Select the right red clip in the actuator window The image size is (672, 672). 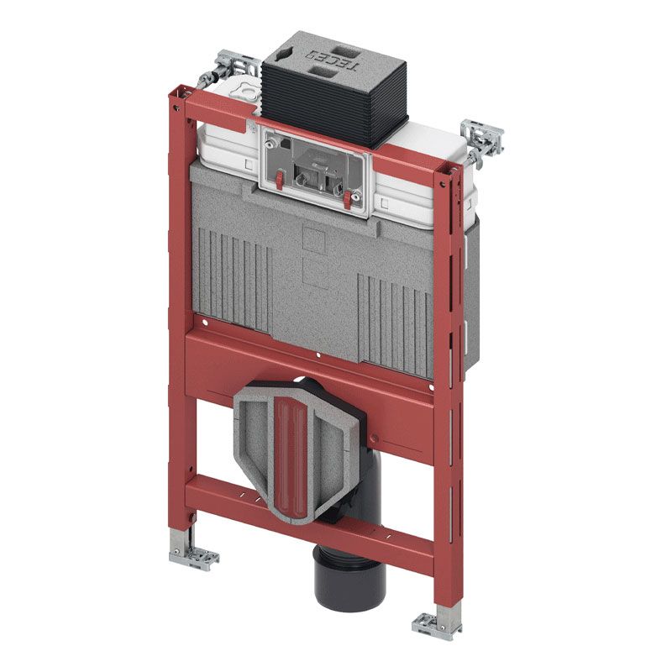pyautogui.click(x=347, y=200)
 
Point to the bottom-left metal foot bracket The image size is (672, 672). pyautogui.click(x=194, y=557)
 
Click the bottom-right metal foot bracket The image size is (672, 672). pyautogui.click(x=436, y=626)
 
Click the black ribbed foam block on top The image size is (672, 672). pyautogui.click(x=334, y=90)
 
